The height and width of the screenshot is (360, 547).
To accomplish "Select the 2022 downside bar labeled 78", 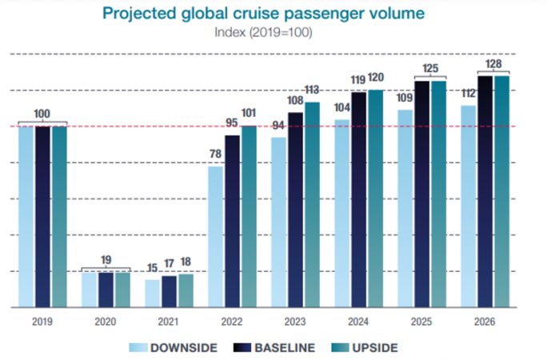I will (215, 236).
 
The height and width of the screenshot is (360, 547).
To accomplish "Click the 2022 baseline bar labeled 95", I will (232, 221).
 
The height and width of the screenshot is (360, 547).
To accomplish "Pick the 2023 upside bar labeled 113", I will (312, 204).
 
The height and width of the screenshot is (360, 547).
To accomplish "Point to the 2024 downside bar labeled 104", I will (341, 213).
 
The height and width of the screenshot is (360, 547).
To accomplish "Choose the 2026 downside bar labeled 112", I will (468, 206).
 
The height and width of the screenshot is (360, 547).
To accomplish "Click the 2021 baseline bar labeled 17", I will (169, 291).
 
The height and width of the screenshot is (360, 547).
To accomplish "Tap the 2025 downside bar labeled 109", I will (405, 208).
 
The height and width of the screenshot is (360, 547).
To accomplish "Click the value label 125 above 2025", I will (429, 70).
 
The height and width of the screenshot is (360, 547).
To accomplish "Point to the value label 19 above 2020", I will (106, 260).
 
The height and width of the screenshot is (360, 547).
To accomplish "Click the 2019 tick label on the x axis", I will (42, 321).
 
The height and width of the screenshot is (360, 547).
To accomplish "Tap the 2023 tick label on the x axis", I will (295, 321).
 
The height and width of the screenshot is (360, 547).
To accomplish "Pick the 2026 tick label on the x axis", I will (484, 321).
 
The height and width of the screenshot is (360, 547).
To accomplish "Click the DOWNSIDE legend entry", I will (175, 347).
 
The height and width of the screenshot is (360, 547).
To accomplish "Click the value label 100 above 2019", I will (42, 114).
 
